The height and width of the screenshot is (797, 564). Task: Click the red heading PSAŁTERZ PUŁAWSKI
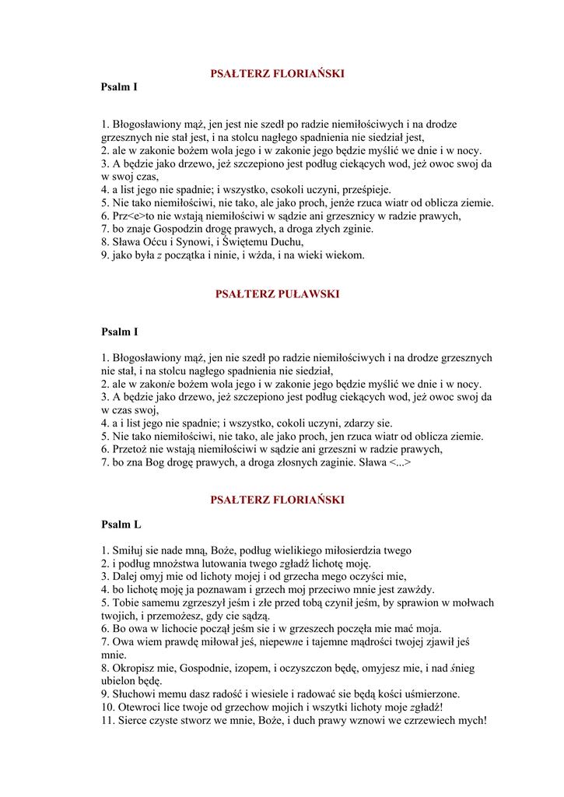tap(276, 294)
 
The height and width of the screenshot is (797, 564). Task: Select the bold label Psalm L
tap(121, 525)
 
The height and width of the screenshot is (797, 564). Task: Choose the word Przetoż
tap(132, 449)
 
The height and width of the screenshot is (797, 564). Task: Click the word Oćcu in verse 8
tap(158, 242)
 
